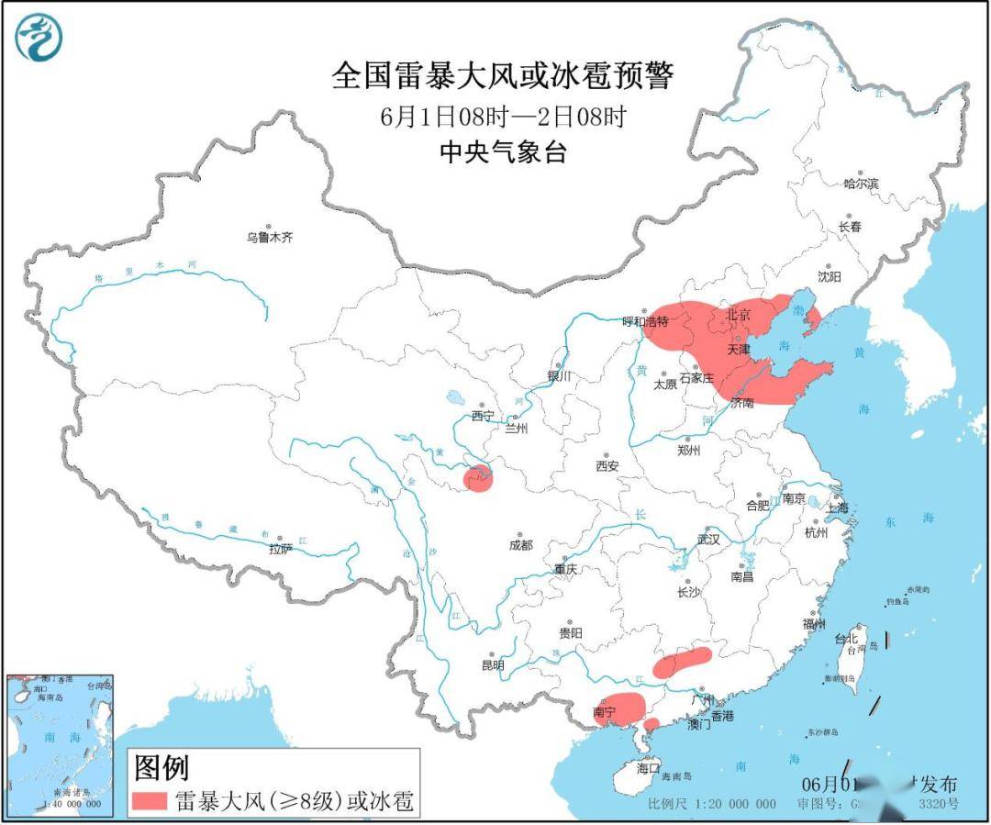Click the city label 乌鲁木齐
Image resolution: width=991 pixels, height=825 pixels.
(269, 238)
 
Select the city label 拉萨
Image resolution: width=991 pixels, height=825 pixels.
(281, 549)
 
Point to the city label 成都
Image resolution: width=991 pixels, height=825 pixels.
(519, 545)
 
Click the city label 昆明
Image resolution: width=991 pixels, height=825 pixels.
(493, 665)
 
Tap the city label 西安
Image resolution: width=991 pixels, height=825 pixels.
(607, 466)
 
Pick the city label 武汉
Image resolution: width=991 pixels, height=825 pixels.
(708, 540)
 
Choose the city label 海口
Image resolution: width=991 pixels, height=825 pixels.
(649, 768)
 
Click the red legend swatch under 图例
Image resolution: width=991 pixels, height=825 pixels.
(150, 801)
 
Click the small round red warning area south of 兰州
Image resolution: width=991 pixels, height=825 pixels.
(477, 478)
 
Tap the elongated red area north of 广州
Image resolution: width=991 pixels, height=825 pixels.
(683, 662)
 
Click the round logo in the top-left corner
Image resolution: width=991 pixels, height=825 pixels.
(39, 38)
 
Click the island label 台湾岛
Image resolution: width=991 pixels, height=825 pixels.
(856, 649)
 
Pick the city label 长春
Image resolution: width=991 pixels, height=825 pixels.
(850, 227)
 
